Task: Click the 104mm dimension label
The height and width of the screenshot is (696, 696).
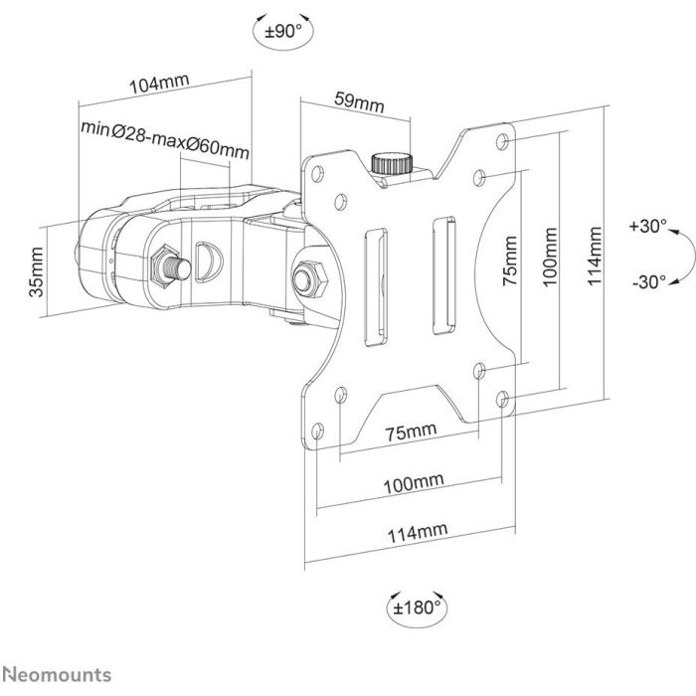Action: tap(160, 86)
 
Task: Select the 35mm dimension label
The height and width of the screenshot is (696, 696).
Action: tap(37, 273)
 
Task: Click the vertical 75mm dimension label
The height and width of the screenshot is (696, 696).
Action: tap(510, 261)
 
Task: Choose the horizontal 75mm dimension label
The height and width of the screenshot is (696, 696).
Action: tap(409, 431)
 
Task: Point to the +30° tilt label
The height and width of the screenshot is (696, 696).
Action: tap(646, 226)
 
